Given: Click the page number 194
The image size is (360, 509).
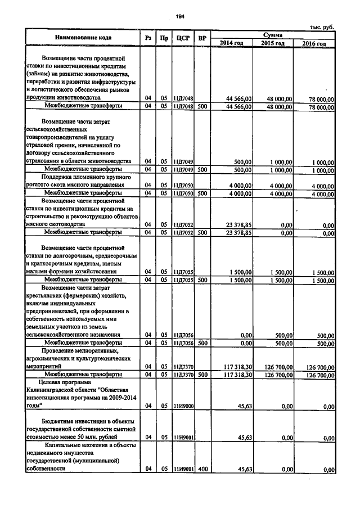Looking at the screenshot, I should (x=180, y=16).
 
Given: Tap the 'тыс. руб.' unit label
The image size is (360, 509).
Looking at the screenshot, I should (x=322, y=28).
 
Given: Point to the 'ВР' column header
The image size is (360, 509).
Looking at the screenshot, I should (x=202, y=38).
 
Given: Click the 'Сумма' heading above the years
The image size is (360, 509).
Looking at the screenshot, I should (x=272, y=35).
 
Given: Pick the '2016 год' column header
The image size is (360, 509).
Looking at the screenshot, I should (x=313, y=43).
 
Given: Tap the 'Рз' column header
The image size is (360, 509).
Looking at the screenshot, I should (x=148, y=38).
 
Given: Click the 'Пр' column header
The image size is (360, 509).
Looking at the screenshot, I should (x=164, y=38).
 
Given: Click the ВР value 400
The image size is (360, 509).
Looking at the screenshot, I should (x=202, y=468).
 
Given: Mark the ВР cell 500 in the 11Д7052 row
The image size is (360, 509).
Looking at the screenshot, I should (x=202, y=232).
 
